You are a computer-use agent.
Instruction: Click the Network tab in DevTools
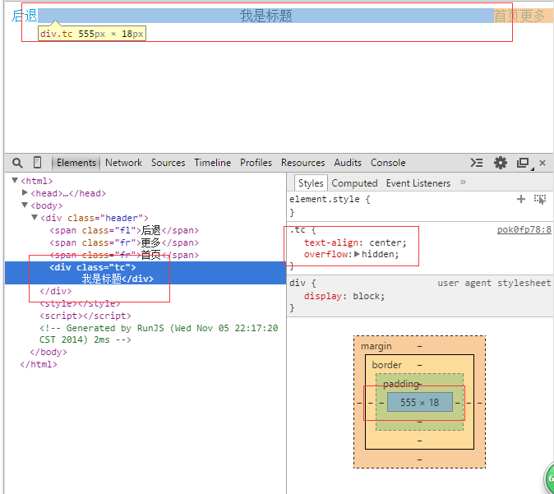123,163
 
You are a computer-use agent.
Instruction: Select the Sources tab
169,163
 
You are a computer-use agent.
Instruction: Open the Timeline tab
212,163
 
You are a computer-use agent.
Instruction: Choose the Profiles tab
256,163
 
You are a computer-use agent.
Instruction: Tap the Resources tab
302,163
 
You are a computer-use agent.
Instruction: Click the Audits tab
348,163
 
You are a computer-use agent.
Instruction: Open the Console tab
388,163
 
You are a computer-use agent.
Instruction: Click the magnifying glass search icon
17,163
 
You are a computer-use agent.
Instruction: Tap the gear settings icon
501,163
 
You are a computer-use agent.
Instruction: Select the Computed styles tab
354,183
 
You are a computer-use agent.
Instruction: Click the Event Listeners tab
418,183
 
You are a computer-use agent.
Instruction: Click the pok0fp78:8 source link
524,229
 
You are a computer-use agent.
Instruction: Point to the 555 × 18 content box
420,402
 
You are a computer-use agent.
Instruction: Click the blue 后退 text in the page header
24,16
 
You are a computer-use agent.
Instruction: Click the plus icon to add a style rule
521,199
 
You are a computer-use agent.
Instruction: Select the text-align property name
331,242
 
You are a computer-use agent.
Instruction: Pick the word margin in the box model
376,346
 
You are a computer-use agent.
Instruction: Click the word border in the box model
386,365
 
